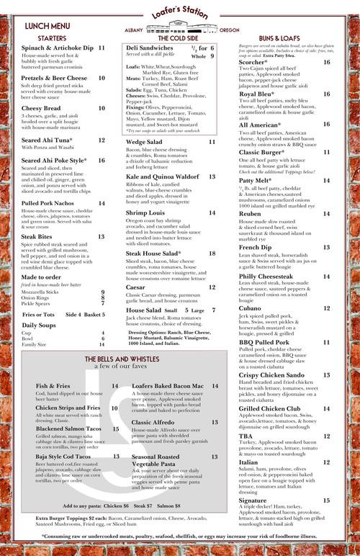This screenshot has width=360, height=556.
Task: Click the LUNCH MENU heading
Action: [47, 26]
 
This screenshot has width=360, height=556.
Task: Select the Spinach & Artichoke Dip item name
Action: [58, 48]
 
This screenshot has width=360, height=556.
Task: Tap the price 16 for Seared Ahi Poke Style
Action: [102, 161]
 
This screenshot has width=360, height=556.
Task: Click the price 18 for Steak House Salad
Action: [212, 254]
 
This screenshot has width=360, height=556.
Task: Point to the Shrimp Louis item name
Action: [145, 213]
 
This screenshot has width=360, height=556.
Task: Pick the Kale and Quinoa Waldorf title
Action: [162, 176]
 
